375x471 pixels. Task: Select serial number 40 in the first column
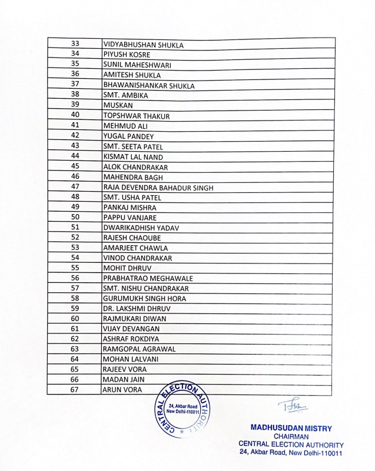[x=75, y=115]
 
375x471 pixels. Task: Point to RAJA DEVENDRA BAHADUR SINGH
[x=158, y=188]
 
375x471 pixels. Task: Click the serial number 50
[x=75, y=217]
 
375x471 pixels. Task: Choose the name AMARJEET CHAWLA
[x=135, y=248]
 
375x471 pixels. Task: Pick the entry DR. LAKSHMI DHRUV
[x=137, y=309]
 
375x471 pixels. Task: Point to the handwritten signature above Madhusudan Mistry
[x=292, y=406]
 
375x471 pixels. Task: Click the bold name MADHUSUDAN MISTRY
[x=291, y=428]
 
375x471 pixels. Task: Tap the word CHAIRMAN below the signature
[x=291, y=436]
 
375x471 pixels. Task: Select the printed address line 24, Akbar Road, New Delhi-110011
[x=291, y=453]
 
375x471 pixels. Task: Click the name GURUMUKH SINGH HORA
[x=144, y=299]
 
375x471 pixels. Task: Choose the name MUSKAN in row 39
[x=118, y=106]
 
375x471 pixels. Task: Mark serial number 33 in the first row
[x=75, y=44]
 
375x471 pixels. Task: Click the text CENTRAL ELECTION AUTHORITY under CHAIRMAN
[x=291, y=445]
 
